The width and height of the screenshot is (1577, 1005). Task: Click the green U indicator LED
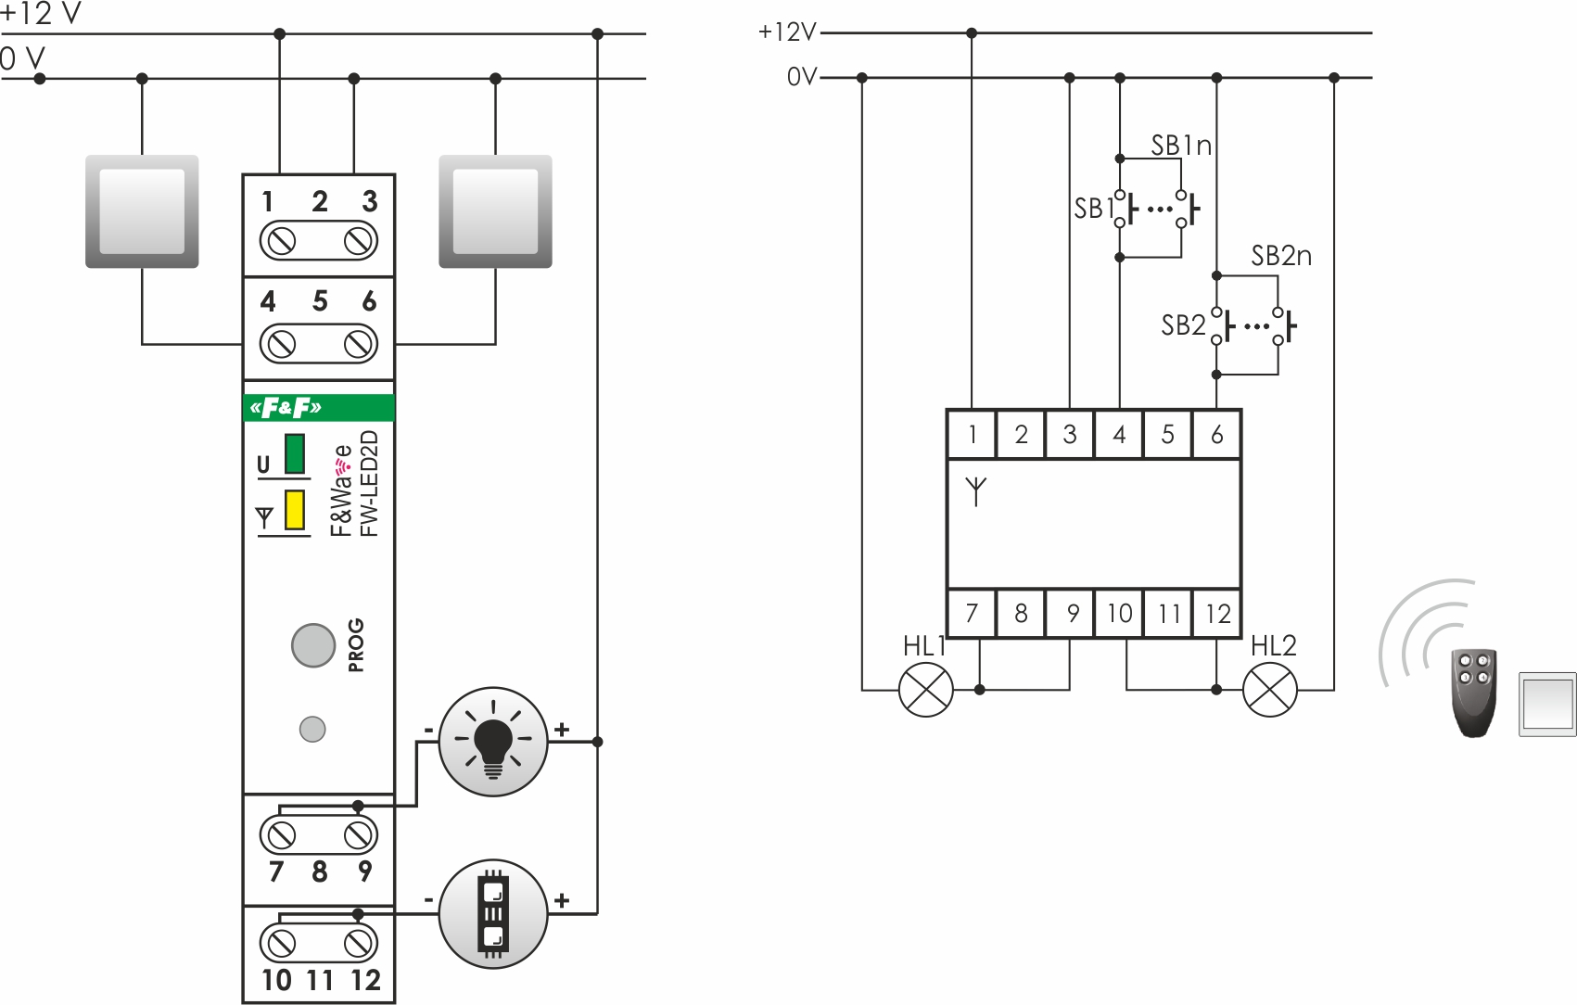click(x=295, y=453)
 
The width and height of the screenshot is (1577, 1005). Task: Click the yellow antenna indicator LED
click(x=295, y=510)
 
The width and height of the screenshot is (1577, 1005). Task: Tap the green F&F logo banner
click(x=319, y=408)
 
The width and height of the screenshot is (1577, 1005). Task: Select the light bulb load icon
click(x=492, y=742)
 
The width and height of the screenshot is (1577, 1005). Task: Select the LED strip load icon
click(x=492, y=914)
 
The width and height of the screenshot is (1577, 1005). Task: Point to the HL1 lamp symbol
click(x=926, y=690)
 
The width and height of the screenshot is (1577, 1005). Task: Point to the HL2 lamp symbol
click(x=1269, y=690)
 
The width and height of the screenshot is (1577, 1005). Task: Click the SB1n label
click(x=1181, y=146)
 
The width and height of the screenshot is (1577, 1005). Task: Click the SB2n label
click(x=1281, y=256)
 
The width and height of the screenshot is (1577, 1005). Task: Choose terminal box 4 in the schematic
click(x=1119, y=434)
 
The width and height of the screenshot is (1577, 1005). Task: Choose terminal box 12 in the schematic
click(x=1217, y=614)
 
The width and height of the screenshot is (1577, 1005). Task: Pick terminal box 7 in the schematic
click(x=972, y=614)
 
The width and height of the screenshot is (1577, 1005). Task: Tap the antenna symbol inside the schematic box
click(x=975, y=490)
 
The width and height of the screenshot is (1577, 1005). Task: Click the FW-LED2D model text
click(x=369, y=483)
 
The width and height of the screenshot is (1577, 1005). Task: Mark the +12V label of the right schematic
click(x=786, y=32)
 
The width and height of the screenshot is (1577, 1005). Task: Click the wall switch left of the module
click(x=142, y=211)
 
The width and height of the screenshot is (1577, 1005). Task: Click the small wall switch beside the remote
click(x=1547, y=705)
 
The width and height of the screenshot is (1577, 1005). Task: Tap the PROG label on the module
click(x=356, y=644)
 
